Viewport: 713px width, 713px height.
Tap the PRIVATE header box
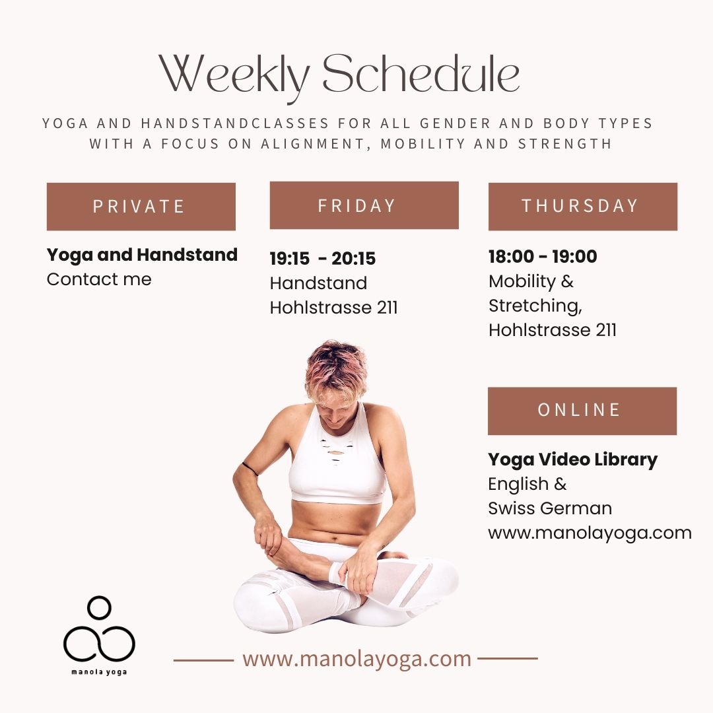[x=141, y=207]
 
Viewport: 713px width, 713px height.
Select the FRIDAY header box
[x=364, y=205]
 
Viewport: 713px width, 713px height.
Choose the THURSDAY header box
[x=582, y=206]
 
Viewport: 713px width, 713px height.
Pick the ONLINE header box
[x=582, y=411]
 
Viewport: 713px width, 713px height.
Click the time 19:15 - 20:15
[x=323, y=259]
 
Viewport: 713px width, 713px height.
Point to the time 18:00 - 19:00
[x=543, y=257]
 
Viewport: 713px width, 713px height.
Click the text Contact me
[x=99, y=279]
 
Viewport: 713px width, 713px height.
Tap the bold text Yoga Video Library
[x=572, y=459]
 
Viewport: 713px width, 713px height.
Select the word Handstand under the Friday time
[x=318, y=283]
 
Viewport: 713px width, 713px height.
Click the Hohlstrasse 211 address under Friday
[x=333, y=308]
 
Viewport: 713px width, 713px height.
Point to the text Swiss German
[x=550, y=508]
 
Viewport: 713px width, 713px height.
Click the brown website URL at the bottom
[x=356, y=658]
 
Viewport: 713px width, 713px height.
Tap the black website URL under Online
[x=590, y=533]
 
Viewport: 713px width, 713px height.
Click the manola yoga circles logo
[x=99, y=630]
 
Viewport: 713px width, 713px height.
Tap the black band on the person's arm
[x=250, y=469]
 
